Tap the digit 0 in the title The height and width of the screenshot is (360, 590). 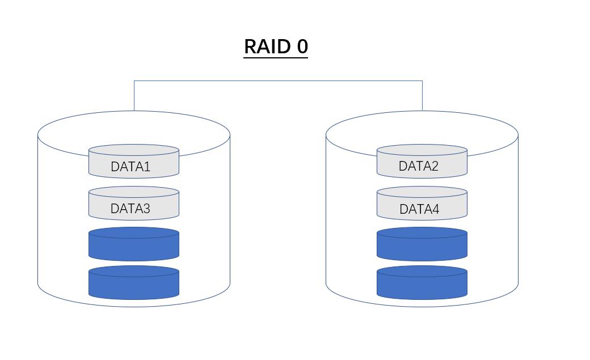click(x=302, y=46)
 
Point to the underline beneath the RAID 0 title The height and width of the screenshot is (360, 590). click(x=276, y=57)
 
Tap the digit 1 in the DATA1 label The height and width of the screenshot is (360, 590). click(x=147, y=167)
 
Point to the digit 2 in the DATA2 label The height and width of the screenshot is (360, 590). click(x=435, y=166)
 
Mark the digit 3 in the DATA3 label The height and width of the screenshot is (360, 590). click(x=146, y=209)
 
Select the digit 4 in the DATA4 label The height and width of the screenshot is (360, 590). click(x=436, y=209)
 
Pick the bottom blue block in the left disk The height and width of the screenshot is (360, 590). click(x=134, y=282)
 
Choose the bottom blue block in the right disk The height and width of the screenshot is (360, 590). click(x=422, y=282)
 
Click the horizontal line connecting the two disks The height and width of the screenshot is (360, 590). click(x=278, y=81)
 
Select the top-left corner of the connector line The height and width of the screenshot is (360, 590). click(x=134, y=81)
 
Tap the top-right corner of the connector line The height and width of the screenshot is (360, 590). click(x=422, y=81)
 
